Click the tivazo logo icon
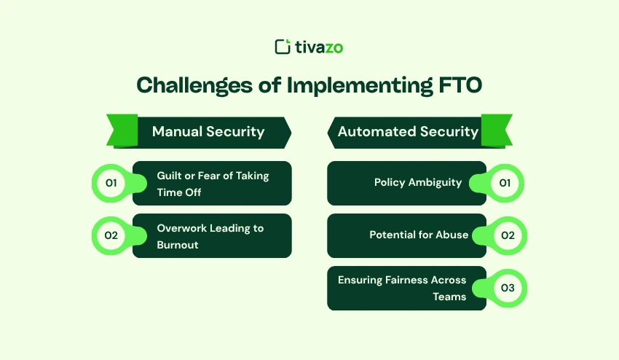pyautogui.click(x=283, y=47)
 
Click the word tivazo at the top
pyautogui.click(x=319, y=47)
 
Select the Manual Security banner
pyautogui.click(x=208, y=132)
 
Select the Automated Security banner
pyautogui.click(x=408, y=132)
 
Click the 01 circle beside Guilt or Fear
pyautogui.click(x=111, y=183)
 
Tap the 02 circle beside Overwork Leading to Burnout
pyautogui.click(x=111, y=235)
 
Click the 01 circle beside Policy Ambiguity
pyautogui.click(x=505, y=183)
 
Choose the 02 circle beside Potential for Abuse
pyautogui.click(x=508, y=235)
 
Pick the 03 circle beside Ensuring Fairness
pyautogui.click(x=508, y=288)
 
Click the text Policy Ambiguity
pyautogui.click(x=418, y=182)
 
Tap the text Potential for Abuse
pyautogui.click(x=418, y=235)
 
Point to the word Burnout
pyautogui.click(x=178, y=245)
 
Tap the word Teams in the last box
pyautogui.click(x=449, y=297)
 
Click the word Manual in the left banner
pyautogui.click(x=177, y=132)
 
